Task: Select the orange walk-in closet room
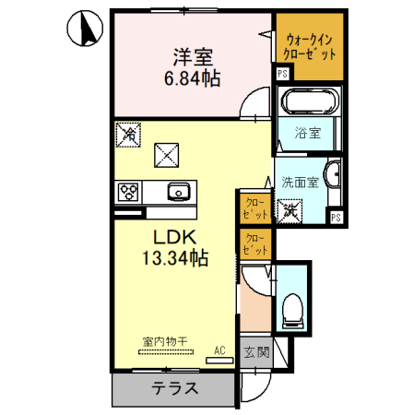(x=310, y=47)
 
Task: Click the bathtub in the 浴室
(x=310, y=102)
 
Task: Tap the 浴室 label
(x=308, y=133)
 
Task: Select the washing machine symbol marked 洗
(x=290, y=209)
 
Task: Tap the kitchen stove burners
(x=127, y=193)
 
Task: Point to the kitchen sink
(x=178, y=192)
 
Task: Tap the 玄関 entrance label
(x=255, y=351)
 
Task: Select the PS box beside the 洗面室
(x=337, y=218)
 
